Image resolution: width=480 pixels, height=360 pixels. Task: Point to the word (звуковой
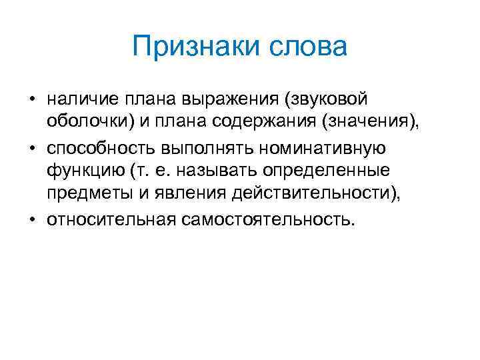[x=325, y=100]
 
